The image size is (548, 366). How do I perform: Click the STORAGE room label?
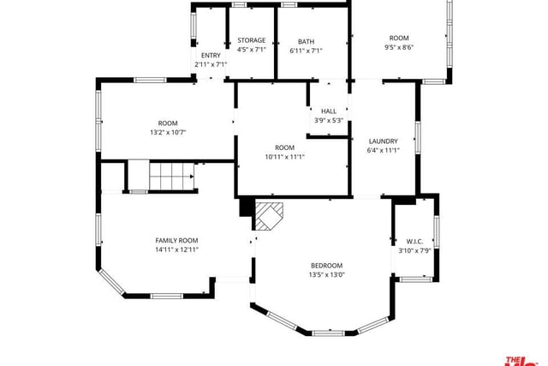[x=251, y=40]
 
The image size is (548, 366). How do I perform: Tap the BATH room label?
[x=307, y=42]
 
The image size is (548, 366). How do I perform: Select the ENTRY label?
[x=211, y=55]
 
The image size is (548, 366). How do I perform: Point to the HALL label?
[x=329, y=111]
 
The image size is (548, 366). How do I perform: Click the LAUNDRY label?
[x=384, y=141]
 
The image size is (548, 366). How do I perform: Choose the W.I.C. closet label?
[x=414, y=242]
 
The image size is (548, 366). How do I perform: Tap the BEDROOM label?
[x=327, y=266]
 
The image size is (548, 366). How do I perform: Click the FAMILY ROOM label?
[x=176, y=240]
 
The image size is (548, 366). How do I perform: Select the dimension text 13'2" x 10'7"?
[x=168, y=132]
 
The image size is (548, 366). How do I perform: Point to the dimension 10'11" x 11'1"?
[x=285, y=157]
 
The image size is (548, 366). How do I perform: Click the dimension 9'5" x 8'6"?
[x=399, y=47]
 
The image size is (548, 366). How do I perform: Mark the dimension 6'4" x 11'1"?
[x=384, y=151]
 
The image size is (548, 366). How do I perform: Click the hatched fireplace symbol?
[x=268, y=215]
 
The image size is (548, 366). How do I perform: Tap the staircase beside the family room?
[x=172, y=175]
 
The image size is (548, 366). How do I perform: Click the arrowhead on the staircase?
[x=192, y=177]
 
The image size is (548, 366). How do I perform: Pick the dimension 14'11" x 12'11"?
[x=177, y=249]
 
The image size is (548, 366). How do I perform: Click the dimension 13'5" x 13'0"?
[x=327, y=274]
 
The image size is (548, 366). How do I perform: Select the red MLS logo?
[x=521, y=362]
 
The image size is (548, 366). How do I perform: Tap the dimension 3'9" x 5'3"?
[x=329, y=120]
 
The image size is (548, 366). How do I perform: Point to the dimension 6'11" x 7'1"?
[x=307, y=51]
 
